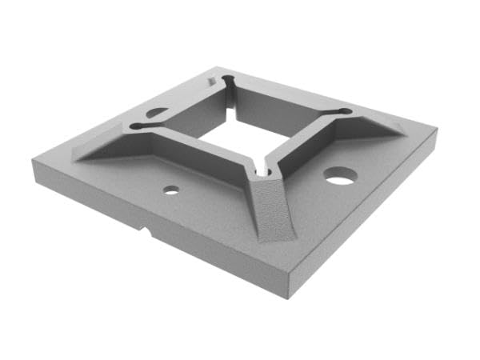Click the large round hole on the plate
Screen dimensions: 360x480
click(340, 175)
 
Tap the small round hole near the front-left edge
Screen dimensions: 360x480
click(170, 190)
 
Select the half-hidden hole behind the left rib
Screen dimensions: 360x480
click(157, 113)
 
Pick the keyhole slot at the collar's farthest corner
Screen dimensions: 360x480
click(229, 82)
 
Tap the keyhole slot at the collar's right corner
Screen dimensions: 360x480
click(343, 111)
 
